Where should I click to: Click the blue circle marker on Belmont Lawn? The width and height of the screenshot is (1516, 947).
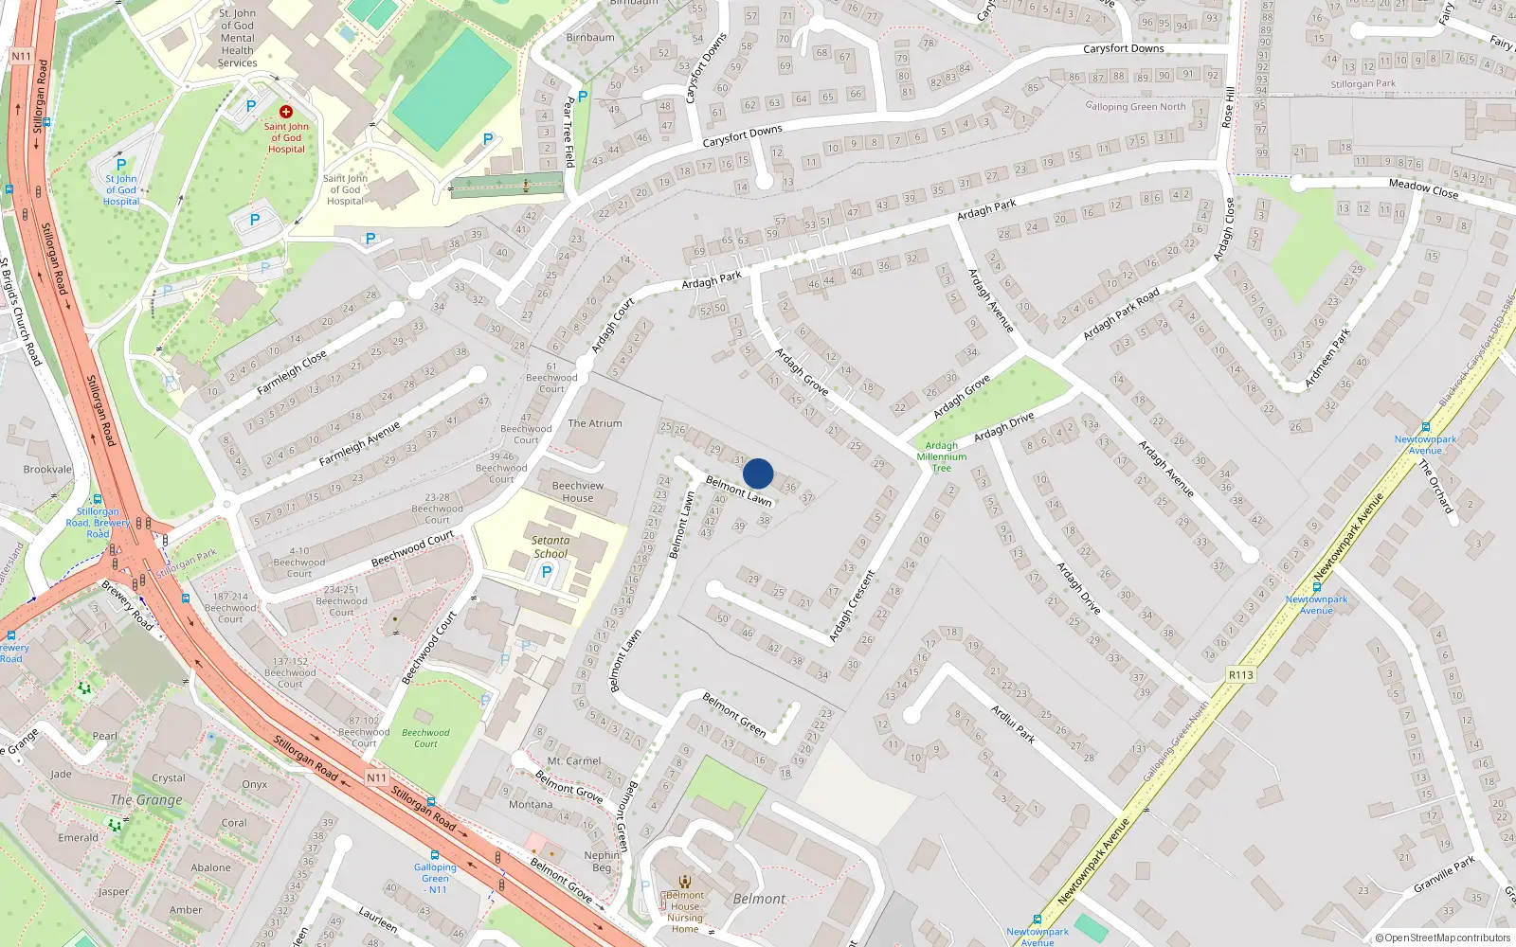[758, 473]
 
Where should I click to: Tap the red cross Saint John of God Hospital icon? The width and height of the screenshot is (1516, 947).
[285, 112]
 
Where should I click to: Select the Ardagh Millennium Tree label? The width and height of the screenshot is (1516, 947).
[941, 456]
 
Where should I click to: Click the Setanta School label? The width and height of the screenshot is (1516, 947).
[550, 547]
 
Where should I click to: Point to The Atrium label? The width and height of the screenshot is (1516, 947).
[595, 423]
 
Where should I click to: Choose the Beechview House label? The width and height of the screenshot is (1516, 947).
[577, 491]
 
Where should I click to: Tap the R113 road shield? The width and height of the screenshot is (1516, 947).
[1240, 675]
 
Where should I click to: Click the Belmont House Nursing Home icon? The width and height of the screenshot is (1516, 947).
[685, 883]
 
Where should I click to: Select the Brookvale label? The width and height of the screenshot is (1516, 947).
[47, 470]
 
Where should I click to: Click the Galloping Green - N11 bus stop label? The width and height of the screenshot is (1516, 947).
[435, 878]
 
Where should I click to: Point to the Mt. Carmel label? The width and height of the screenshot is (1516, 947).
[574, 761]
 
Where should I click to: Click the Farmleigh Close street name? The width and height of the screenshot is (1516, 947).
[292, 373]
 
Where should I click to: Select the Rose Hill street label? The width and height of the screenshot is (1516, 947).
[1229, 108]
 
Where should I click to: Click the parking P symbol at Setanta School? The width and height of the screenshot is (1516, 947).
[546, 572]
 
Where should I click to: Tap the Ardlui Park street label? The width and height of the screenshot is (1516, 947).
[1013, 724]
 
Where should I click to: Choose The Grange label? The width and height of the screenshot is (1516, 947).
[146, 800]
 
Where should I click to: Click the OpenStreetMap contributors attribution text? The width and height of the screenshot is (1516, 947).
[1443, 938]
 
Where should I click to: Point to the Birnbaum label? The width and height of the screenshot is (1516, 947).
[590, 38]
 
